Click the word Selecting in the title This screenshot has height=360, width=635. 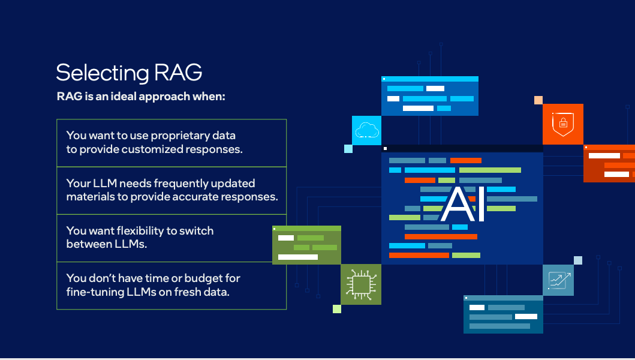click(103, 73)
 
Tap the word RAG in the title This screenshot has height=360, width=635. click(178, 72)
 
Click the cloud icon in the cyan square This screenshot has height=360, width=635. click(367, 131)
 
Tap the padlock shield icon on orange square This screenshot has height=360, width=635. click(563, 124)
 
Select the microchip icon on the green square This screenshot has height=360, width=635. click(361, 284)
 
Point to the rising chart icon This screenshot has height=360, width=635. click(559, 280)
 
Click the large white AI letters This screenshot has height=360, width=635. click(462, 205)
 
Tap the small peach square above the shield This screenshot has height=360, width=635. click(538, 100)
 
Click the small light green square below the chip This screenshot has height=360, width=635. click(337, 309)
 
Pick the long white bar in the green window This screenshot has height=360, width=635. click(298, 257)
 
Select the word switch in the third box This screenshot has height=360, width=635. click(197, 230)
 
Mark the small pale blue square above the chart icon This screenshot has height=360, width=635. click(578, 260)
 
